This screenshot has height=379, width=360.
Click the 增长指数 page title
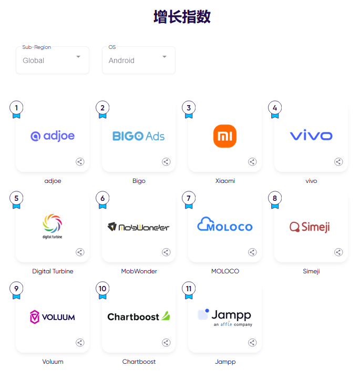point(182,17)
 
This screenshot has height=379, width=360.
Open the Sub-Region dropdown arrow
point(78,57)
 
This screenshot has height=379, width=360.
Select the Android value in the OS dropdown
point(121,60)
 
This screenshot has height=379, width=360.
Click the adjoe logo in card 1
point(53,136)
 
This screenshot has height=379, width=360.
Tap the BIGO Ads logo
point(138,136)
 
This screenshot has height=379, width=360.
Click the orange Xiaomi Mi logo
point(225,136)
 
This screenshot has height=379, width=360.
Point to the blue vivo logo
point(311,135)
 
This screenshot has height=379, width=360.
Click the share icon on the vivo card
point(338,162)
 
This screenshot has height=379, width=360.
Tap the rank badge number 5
point(16,198)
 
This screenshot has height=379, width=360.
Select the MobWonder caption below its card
point(139,271)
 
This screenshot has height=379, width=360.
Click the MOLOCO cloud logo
point(225,224)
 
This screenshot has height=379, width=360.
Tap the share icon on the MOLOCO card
point(252,252)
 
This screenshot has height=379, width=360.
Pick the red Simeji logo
point(310,227)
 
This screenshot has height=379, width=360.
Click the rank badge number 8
point(275,198)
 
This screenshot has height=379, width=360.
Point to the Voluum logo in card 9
point(53,317)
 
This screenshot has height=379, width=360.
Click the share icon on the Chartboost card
point(166,343)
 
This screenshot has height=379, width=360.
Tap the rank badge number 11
point(189,289)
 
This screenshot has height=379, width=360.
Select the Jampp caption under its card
point(225,362)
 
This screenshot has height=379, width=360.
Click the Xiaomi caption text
point(225,181)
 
